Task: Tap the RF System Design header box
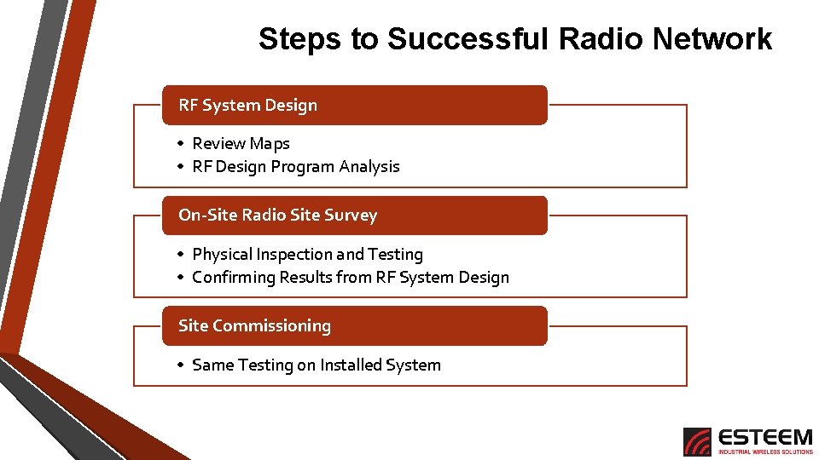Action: click(x=354, y=105)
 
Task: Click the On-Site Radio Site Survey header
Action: click(x=354, y=216)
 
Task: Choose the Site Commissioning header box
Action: click(x=354, y=325)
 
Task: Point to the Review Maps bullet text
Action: click(x=241, y=144)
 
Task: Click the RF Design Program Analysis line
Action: click(x=295, y=167)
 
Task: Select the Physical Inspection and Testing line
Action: click(x=307, y=254)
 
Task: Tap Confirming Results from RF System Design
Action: click(x=350, y=277)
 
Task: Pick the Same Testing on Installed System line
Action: click(x=316, y=365)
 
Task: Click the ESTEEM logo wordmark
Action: click(x=765, y=437)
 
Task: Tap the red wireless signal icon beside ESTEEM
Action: click(x=697, y=441)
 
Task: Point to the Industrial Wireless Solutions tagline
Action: click(x=765, y=452)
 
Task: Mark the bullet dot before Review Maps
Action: click(x=181, y=144)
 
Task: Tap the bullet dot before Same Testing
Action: click(x=181, y=365)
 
